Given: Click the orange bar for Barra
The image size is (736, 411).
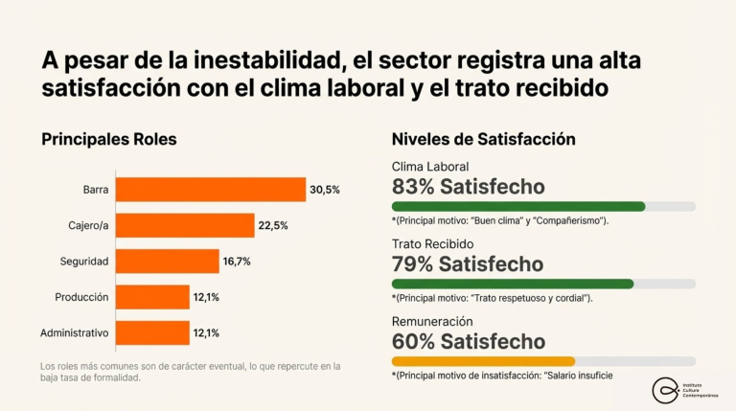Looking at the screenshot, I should coord(211,190).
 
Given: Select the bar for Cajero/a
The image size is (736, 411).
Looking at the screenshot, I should coord(185,226).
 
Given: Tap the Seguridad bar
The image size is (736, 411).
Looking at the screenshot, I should coord(168,262).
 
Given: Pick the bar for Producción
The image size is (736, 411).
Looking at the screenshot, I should coord(152,297).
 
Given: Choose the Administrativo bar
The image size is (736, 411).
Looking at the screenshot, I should coord(152,333).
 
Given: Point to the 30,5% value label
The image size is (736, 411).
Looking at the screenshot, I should coord(324,190).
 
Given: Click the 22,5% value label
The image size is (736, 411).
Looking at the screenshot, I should coord(273,226).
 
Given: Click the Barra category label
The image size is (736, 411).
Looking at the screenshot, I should coord(95,190).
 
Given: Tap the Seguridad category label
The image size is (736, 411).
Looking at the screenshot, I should coord(84,262).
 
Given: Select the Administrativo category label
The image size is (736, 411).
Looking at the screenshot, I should coord(74,333).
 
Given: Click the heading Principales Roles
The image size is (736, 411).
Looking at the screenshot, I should coord(108,139).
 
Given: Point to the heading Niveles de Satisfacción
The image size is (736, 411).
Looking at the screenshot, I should coord(483,139).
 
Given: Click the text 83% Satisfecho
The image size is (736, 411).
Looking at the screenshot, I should coord(468,186).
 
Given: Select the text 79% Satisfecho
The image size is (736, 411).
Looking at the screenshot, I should coord(468,263).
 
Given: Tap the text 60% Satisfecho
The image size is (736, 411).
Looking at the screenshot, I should coord(469,341).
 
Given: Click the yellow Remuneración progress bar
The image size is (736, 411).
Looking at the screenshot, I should coord(483,361).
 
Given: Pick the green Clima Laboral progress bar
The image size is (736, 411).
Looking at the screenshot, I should coord(518,206).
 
